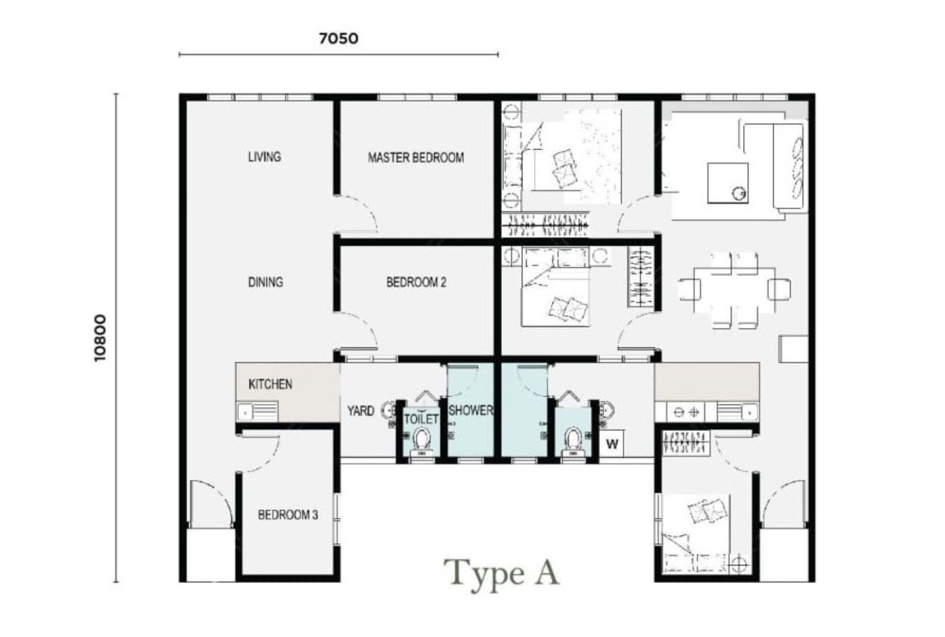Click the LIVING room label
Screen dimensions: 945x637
click(265, 157)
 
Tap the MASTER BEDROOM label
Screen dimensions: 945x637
click(416, 158)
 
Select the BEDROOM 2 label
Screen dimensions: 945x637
click(416, 282)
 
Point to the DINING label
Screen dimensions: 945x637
click(265, 282)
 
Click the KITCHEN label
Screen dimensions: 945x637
click(270, 385)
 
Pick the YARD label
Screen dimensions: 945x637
click(361, 411)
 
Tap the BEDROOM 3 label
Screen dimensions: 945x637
click(288, 514)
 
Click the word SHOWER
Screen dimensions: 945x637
click(470, 410)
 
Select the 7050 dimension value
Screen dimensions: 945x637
click(339, 38)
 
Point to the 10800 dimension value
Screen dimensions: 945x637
click(100, 338)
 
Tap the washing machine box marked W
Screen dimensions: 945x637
click(612, 443)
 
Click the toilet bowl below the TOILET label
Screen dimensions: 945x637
click(421, 440)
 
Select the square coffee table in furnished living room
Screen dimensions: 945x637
click(728, 183)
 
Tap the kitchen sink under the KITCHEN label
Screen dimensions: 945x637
click(257, 412)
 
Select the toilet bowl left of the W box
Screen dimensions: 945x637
click(573, 441)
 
